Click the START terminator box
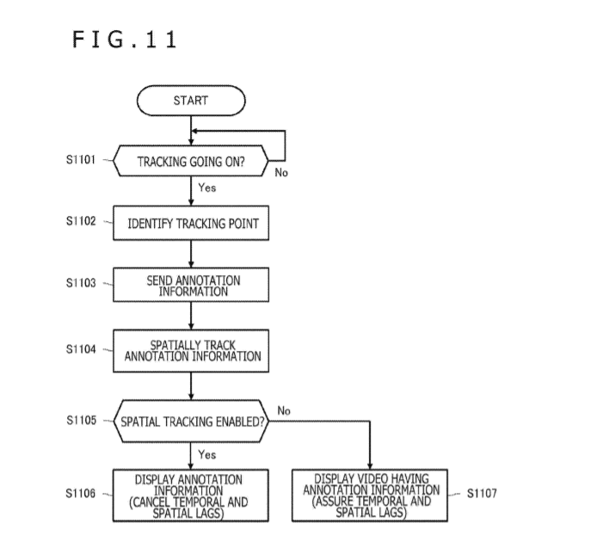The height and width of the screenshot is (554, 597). (x=191, y=101)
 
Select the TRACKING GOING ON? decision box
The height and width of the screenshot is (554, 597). (x=191, y=161)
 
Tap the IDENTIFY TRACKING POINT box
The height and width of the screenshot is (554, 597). (x=191, y=223)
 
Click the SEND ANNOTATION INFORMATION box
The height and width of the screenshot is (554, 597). (x=191, y=285)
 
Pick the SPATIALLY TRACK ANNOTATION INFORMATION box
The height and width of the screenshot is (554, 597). (x=191, y=351)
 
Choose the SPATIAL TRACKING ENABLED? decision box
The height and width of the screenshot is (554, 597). (x=191, y=422)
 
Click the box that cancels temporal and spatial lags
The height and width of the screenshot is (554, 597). (x=190, y=496)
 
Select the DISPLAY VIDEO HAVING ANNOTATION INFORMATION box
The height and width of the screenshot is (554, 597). (x=370, y=496)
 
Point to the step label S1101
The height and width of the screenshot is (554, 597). (x=81, y=159)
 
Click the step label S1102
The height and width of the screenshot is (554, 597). (x=81, y=221)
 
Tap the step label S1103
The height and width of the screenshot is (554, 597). (x=81, y=283)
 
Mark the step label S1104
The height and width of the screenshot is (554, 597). (x=81, y=349)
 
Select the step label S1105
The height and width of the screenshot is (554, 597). (x=81, y=421)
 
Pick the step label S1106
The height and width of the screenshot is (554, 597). (x=80, y=494)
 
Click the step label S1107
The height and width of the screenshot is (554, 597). (x=482, y=494)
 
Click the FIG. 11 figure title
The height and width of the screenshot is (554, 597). (x=125, y=40)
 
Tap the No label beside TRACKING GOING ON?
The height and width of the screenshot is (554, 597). (x=281, y=173)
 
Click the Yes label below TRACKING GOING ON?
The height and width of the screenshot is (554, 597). (x=207, y=188)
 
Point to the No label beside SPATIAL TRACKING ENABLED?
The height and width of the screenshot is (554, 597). (x=284, y=411)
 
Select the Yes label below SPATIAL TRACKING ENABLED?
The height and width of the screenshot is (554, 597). (x=207, y=454)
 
